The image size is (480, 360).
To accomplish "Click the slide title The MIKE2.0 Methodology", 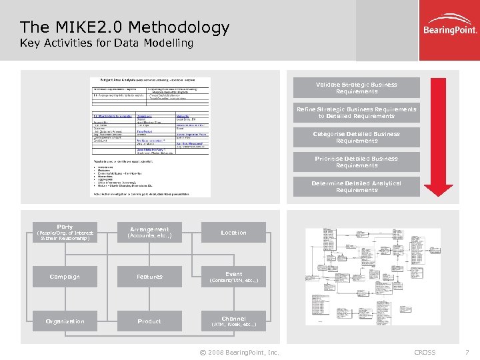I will [x=125, y=27].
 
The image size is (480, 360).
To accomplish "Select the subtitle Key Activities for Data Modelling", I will [x=107, y=43].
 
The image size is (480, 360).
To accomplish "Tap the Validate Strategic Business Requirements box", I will [x=357, y=88].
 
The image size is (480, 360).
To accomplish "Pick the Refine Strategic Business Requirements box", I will [x=357, y=113].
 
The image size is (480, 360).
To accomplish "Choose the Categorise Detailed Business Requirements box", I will [x=357, y=137].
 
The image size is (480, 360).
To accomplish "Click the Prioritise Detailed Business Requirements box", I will [x=357, y=162].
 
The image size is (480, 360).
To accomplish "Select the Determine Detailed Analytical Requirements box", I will [x=357, y=187].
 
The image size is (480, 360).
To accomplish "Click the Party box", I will [x=65, y=232].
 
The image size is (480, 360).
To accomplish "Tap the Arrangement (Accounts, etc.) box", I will [x=149, y=232].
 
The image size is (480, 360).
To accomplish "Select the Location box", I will [x=233, y=232].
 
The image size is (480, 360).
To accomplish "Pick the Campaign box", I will [x=65, y=277].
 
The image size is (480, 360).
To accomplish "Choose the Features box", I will [x=149, y=277].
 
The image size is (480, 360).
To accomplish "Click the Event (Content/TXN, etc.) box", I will [x=233, y=277].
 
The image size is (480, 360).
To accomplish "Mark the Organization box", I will [x=65, y=321].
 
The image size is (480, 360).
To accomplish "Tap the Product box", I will [x=149, y=321].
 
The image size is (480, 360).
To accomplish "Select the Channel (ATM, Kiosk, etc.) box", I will [x=233, y=321].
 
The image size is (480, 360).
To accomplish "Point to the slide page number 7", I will [x=466, y=352].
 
